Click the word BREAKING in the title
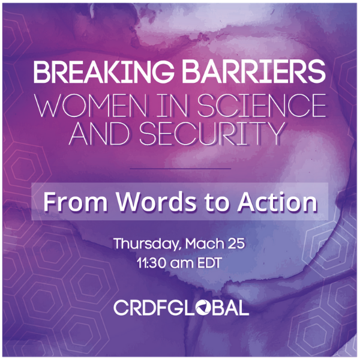[104, 71]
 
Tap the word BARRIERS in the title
[254, 71]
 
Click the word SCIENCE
[262, 106]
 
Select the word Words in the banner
[157, 202]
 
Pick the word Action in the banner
[278, 202]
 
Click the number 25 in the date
[236, 244]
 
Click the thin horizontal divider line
[180, 169]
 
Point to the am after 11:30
[181, 264]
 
